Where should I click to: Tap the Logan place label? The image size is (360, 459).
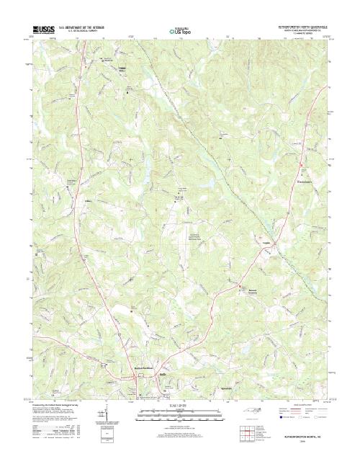click(x=266, y=242)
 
